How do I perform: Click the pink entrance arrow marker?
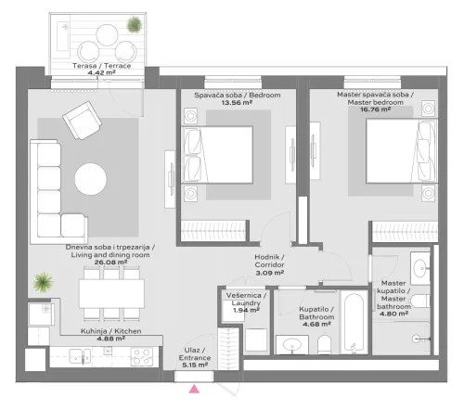tap(194, 390)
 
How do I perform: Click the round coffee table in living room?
tap(91, 177)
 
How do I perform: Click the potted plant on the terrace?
tap(135, 25)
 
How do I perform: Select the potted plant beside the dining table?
tap(41, 280)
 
